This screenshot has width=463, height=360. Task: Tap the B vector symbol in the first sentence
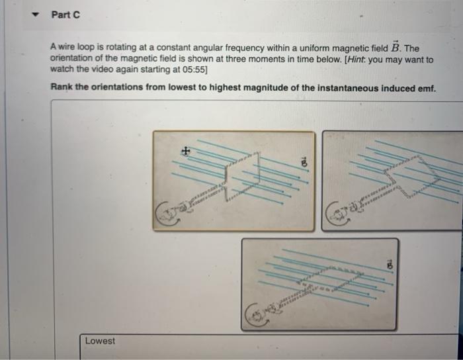point(395,48)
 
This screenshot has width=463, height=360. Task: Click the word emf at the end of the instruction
point(425,87)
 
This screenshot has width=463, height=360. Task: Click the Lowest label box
point(100,341)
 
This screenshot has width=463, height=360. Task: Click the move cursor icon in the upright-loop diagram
point(187,151)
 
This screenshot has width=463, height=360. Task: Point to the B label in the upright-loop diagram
point(304,161)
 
